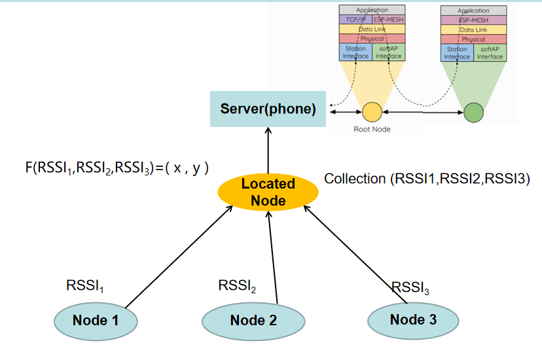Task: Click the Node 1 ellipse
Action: (96, 321)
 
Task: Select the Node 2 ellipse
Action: (253, 321)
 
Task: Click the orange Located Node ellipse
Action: (268, 192)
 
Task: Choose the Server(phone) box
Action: (268, 109)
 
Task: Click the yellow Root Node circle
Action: (372, 112)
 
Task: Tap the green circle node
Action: (474, 112)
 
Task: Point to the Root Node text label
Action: (372, 130)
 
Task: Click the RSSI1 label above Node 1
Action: (85, 285)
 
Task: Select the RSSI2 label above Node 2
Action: (237, 285)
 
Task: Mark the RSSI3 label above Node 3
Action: (410, 287)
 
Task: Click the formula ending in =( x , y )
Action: (117, 168)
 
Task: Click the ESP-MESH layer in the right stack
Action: (474, 20)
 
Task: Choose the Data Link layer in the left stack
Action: (372, 29)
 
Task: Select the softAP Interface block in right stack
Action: (490, 52)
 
